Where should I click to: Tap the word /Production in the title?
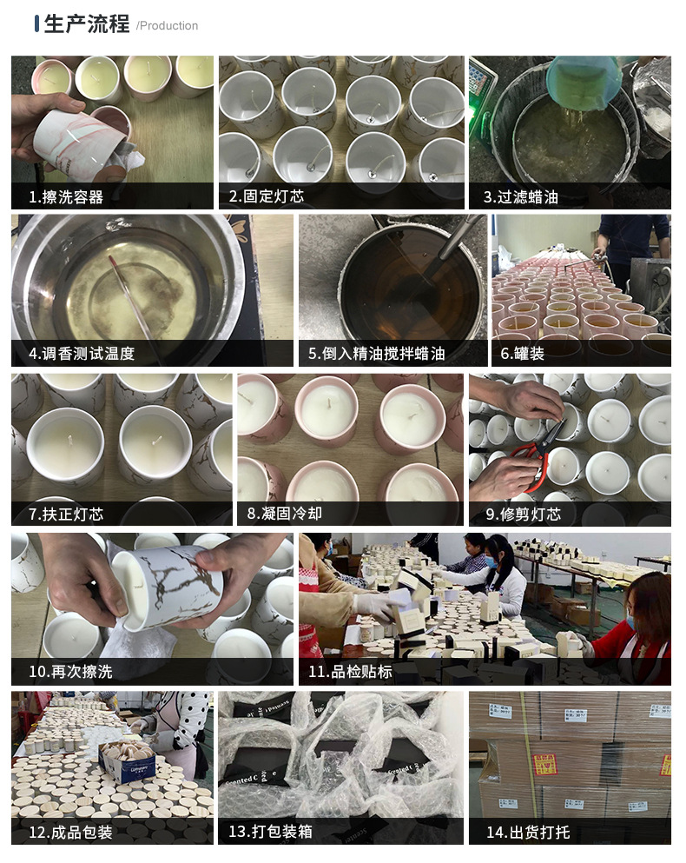click(x=167, y=26)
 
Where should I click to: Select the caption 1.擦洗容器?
click(x=66, y=197)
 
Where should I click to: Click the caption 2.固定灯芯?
click(x=267, y=197)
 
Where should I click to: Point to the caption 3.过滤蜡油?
click(x=520, y=197)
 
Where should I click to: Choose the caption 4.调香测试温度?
click(x=82, y=354)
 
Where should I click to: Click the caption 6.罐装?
click(x=522, y=354)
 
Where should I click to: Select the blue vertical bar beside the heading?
click(x=36, y=23)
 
